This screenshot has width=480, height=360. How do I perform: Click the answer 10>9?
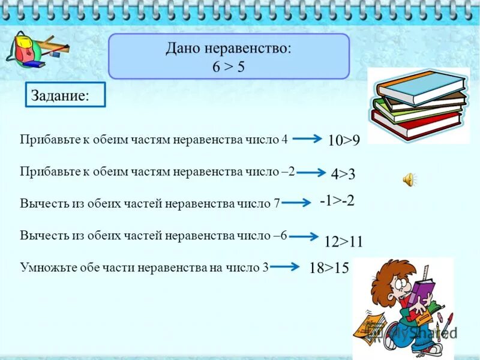click(x=344, y=140)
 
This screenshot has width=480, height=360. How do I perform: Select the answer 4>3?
click(x=343, y=175)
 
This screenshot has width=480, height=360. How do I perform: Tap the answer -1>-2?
click(x=337, y=201)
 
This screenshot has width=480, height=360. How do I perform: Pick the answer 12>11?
click(x=343, y=241)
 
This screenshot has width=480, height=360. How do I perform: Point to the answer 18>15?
click(x=329, y=268)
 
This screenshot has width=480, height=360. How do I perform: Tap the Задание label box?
click(x=65, y=95)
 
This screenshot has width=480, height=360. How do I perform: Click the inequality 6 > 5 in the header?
click(x=228, y=67)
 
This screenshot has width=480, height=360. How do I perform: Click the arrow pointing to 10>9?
click(x=307, y=139)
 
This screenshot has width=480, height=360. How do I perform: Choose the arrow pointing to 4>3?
click(x=311, y=173)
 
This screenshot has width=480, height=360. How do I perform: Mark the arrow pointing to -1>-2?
click(x=296, y=203)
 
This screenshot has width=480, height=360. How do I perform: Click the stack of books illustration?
click(x=418, y=104)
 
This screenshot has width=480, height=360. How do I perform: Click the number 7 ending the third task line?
click(x=277, y=203)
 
